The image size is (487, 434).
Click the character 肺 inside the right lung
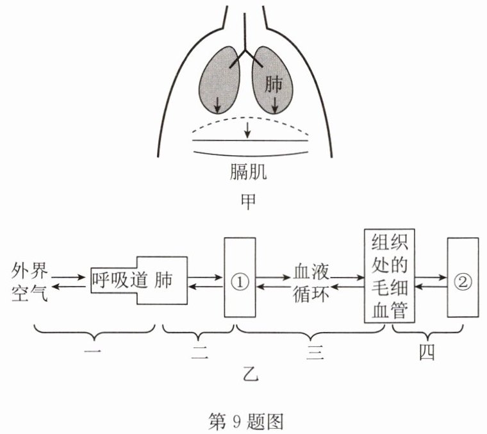click(x=274, y=84)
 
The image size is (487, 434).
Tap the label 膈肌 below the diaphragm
click(x=248, y=172)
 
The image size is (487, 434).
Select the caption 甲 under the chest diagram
click(x=248, y=201)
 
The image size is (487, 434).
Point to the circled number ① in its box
click(x=240, y=281)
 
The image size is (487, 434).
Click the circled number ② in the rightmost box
click(x=463, y=281)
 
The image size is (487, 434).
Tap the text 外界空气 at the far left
click(x=29, y=282)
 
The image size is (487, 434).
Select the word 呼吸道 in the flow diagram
click(x=120, y=280)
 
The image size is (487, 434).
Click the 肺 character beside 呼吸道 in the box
click(x=163, y=280)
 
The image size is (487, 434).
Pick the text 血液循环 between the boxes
click(x=311, y=283)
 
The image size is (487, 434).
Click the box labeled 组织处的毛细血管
click(x=390, y=276)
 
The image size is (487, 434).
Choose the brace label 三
click(x=315, y=353)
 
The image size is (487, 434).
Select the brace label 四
click(x=427, y=353)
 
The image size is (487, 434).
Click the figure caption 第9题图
click(x=246, y=422)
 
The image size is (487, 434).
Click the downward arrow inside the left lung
click(x=218, y=104)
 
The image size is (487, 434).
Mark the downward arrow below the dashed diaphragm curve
click(x=247, y=130)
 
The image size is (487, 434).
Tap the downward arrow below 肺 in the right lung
click(x=274, y=104)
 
